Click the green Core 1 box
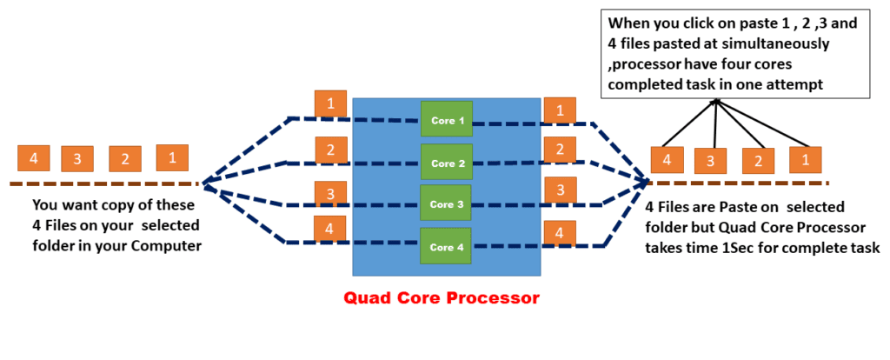446,119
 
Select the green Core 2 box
446,163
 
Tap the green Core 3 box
446,204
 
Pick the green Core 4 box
446,246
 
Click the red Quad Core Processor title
442,297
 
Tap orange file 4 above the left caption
33,158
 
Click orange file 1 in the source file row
172,157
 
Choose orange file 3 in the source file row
77,159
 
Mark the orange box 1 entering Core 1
330,103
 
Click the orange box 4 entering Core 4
330,230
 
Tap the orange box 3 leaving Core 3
560,190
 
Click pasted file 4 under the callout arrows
667,160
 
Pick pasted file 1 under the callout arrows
805,160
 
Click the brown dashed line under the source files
104,183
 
